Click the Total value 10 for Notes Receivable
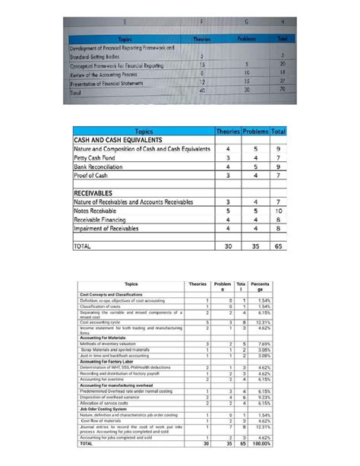point(279,211)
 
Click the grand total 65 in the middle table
point(279,246)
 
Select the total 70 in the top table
point(282,91)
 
